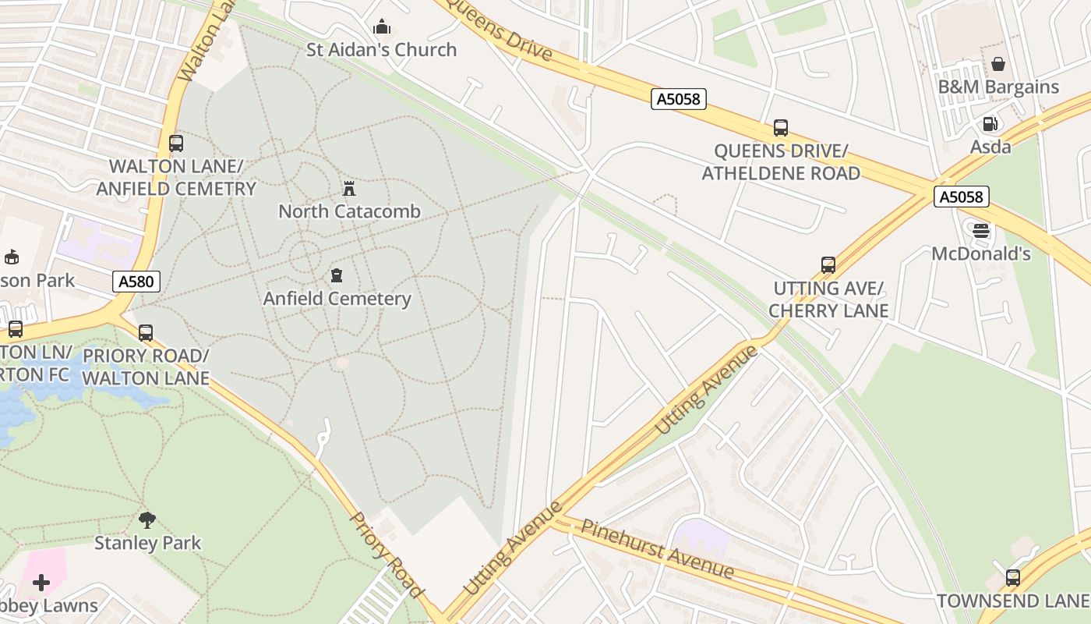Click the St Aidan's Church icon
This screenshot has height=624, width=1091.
[382, 27]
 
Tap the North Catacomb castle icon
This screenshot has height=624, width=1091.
[349, 189]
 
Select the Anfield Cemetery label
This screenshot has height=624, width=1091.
[337, 299]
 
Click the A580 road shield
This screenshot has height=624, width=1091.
[137, 282]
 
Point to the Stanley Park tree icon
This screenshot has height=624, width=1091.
[147, 519]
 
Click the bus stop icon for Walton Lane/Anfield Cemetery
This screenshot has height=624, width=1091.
[176, 144]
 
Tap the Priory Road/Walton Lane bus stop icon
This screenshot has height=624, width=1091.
[146, 333]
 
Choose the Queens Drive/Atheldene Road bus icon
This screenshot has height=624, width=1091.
[781, 128]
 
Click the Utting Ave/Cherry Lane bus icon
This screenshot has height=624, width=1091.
[828, 265]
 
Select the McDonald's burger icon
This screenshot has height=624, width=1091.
[981, 231]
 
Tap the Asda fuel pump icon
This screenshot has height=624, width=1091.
[990, 123]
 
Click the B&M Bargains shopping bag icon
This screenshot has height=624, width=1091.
[998, 64]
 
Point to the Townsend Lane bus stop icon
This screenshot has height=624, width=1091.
[1012, 578]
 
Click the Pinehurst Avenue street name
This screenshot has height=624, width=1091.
[658, 549]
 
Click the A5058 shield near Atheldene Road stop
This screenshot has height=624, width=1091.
[679, 99]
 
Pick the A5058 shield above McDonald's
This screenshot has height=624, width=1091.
[962, 197]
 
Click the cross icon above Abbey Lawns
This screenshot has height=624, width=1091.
[41, 583]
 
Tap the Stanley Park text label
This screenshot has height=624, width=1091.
[148, 543]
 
